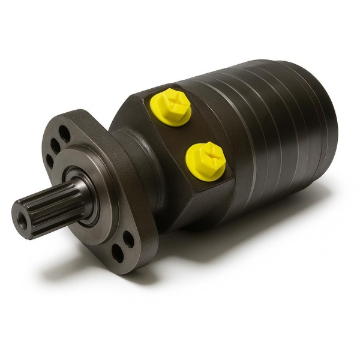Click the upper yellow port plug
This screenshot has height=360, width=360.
coord(172,107)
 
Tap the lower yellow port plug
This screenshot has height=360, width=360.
coord(205,160)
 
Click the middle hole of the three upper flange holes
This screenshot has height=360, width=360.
coord(55,145)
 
